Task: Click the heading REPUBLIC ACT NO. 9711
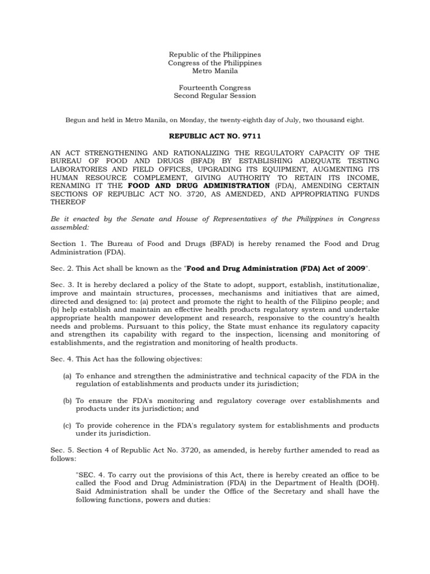tap(215, 136)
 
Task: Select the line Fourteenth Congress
tap(215, 87)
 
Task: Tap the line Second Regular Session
tap(215, 95)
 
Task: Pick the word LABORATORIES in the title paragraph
tap(77, 169)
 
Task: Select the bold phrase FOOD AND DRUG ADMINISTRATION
tap(199, 185)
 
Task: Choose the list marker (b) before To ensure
tap(67, 401)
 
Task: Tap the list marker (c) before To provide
tap(67, 425)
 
